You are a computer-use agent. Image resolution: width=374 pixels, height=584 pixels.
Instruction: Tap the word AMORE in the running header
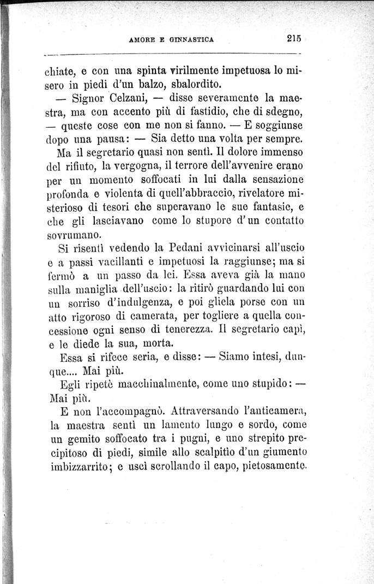[142, 39]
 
